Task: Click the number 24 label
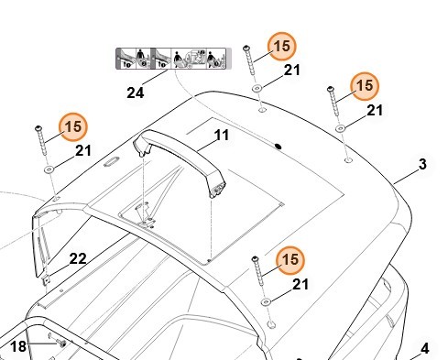tap(136, 93)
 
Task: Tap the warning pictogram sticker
tap(173, 59)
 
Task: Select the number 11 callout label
tap(222, 136)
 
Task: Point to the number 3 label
tap(422, 164)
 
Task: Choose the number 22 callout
tap(78, 259)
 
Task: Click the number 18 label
tap(18, 346)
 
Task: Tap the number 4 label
tap(425, 349)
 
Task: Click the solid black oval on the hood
tap(279, 147)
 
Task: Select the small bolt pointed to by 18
tap(62, 344)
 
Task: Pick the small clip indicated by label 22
tap(46, 280)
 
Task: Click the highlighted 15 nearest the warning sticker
tap(281, 46)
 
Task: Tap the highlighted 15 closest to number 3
tap(365, 86)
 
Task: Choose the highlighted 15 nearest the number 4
tap(290, 260)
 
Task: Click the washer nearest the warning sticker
tap(257, 89)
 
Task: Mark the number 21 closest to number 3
tap(375, 110)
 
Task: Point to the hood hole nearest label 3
tap(348, 160)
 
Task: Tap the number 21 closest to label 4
tap(300, 285)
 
